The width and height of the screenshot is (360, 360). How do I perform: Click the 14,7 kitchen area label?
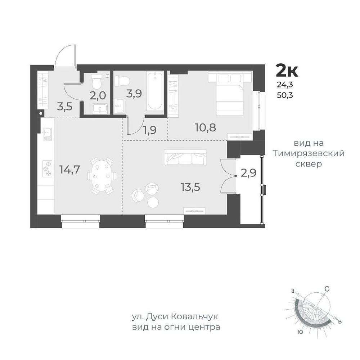coord(69,170)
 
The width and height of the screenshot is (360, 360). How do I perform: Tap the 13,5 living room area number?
coord(190,187)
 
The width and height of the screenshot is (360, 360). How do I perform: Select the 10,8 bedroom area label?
coord(206,127)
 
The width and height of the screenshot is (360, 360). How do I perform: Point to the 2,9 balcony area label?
coord(249,174)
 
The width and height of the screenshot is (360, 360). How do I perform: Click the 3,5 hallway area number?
coord(65,107)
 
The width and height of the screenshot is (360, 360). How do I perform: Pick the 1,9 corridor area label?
coord(150,130)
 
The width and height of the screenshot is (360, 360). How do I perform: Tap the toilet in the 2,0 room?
coord(96,81)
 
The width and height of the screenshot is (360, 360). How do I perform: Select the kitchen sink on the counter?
coord(48,134)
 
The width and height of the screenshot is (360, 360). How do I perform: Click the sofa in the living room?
coord(185,157)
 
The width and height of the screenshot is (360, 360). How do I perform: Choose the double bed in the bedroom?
coord(230,94)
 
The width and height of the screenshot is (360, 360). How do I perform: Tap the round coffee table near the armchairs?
coord(153,202)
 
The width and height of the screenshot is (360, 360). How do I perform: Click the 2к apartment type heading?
coord(287,71)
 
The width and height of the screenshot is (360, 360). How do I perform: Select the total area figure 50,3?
coord(285,95)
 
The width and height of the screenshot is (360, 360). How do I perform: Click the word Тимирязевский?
coord(309,153)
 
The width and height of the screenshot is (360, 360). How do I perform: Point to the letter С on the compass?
coord(327,289)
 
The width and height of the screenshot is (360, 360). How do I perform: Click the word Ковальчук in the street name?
coord(194,317)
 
